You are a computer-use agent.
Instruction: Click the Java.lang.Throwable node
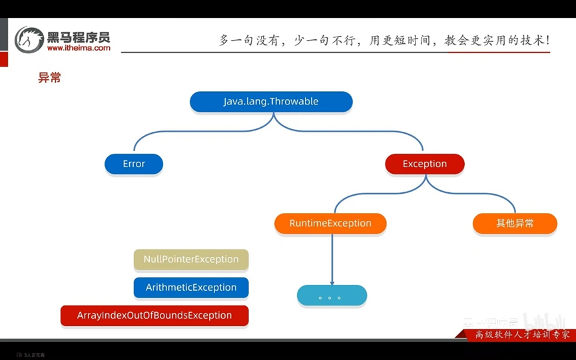(x=271, y=102)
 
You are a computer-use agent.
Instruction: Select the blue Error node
(x=134, y=164)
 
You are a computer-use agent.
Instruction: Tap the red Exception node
(x=425, y=164)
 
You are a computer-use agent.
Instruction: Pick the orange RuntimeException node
(x=330, y=224)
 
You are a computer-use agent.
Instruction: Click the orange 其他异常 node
(x=515, y=224)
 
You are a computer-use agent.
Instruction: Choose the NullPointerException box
(x=191, y=260)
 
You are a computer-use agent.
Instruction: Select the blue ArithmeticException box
(x=191, y=287)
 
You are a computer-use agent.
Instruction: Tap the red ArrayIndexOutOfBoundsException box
(x=154, y=315)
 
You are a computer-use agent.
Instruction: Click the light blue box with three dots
(x=332, y=295)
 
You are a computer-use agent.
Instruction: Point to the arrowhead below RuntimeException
(x=332, y=281)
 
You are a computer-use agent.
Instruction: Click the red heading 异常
(x=49, y=78)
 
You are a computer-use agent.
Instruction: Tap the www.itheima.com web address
(x=79, y=48)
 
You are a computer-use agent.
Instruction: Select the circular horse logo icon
(x=29, y=39)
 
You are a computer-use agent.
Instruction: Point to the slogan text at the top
(x=384, y=40)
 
